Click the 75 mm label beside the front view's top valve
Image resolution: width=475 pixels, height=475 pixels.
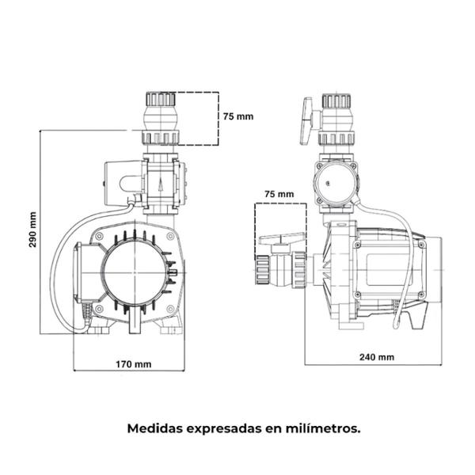[238, 116]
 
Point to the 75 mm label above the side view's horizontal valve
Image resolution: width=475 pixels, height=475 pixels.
[278, 193]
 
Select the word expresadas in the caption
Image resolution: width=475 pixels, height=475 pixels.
[224, 427]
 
